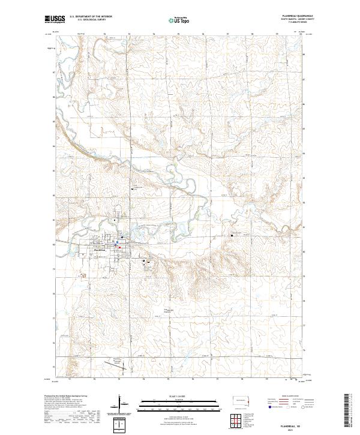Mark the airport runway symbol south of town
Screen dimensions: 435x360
[x=114, y=362]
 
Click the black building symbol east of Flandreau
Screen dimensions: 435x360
[x=144, y=261]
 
